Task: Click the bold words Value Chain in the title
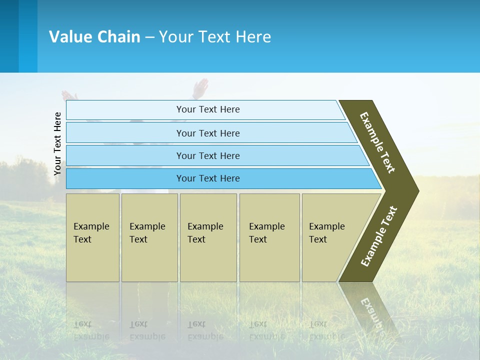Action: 94,37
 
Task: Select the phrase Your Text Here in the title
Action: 215,37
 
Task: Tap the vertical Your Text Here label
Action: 57,143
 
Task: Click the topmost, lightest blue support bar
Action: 207,109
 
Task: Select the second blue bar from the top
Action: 207,133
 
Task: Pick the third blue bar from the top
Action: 207,155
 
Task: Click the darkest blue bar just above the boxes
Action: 207,178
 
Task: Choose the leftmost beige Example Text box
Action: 92,237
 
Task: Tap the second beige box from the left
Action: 149,237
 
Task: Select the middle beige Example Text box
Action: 208,237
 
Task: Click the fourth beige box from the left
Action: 269,237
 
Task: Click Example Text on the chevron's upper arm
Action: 377,142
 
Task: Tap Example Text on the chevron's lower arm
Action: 379,236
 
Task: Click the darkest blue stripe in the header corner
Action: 9,36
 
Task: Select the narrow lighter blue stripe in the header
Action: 28,36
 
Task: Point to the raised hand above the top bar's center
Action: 200,88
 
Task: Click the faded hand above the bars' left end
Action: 69,95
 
